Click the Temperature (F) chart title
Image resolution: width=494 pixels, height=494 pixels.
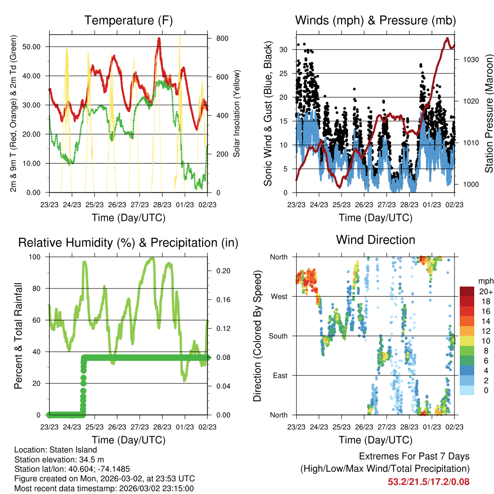pos(128,20)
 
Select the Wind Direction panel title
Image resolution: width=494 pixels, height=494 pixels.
pos(375,240)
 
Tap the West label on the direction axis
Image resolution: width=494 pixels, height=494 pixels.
pos(279,297)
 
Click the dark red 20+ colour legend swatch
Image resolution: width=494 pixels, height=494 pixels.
pos(467,291)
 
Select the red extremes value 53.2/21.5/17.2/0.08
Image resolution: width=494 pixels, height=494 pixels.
pos(428,481)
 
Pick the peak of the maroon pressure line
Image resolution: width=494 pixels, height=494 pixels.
pos(447,38)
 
